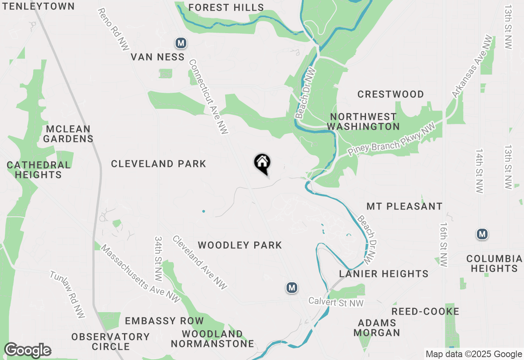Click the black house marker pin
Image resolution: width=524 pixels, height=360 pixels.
pos(262,163)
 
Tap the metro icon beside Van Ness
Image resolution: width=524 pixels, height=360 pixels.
pos(181,43)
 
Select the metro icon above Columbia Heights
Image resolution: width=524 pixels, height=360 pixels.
pos(482,234)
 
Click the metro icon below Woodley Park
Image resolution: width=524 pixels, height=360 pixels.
pos(291,288)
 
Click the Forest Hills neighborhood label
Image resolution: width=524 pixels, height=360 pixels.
pos(226,7)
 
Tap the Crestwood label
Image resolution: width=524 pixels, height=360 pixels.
pos(391,94)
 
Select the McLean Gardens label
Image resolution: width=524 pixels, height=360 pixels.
pos(68,134)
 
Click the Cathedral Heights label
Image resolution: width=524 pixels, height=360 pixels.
pos(38,170)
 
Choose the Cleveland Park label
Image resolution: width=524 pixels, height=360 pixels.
pos(158,164)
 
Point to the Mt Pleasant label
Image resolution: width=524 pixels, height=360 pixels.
pos(404,206)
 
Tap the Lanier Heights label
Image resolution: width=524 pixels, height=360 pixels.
pos(384,273)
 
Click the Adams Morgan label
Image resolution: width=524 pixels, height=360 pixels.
pos(377,328)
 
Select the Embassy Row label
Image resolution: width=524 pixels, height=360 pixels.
pos(164,321)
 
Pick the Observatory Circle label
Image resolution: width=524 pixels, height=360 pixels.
pos(111,342)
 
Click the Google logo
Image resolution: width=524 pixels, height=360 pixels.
pos(27,350)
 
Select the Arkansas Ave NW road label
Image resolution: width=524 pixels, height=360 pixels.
pos(472,67)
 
